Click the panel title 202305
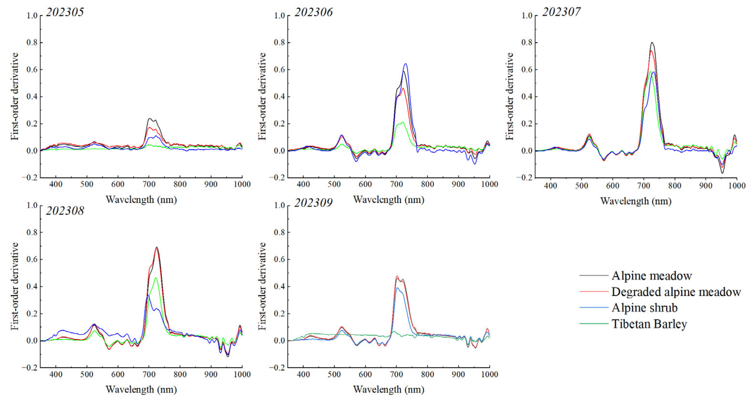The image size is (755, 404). click(x=65, y=12)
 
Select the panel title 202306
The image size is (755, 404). click(x=313, y=12)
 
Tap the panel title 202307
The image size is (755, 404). click(x=561, y=12)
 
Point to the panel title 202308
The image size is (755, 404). click(x=65, y=211)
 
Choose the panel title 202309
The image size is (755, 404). click(x=313, y=203)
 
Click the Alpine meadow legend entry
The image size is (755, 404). click(x=651, y=276)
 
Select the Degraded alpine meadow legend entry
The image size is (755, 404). click(x=676, y=292)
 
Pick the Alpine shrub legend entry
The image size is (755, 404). click(x=644, y=307)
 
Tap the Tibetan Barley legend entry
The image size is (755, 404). click(x=649, y=324)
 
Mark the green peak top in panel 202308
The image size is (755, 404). click(x=156, y=278)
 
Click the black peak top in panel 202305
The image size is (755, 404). click(x=150, y=119)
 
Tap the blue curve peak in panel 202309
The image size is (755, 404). click(x=398, y=288)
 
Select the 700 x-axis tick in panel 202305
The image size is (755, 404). click(x=149, y=184)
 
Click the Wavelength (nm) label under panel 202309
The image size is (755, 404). click(x=389, y=390)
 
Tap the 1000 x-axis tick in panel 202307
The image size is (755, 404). click(x=737, y=185)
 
